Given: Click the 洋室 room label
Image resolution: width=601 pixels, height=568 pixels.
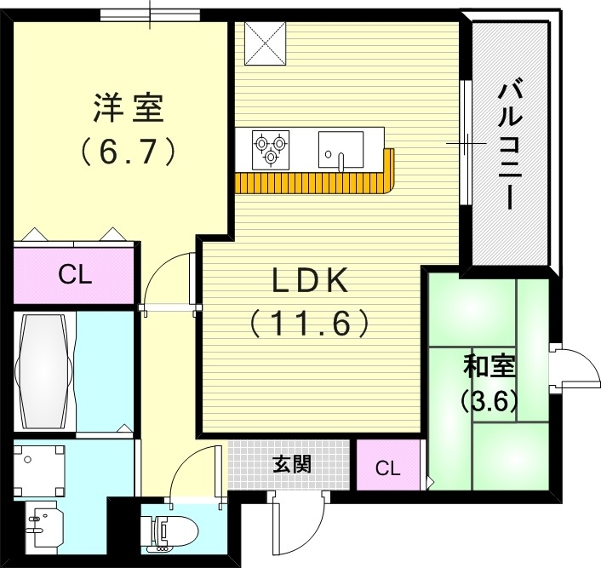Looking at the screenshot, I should point(128,110).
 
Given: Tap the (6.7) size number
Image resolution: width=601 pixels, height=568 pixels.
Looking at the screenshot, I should point(129,152).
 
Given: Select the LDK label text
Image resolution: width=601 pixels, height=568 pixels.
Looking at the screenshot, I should point(311,280).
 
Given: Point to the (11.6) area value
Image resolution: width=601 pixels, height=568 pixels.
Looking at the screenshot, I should point(311,324).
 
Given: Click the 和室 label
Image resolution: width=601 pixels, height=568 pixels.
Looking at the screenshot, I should point(489,367).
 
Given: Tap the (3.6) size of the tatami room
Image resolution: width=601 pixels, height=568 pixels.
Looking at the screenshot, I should point(489,400).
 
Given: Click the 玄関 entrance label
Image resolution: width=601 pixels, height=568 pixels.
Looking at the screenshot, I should point(291,465).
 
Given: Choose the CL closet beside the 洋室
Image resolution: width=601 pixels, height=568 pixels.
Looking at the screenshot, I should point(74,275).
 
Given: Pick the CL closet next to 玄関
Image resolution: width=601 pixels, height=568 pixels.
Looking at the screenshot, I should point(387,468).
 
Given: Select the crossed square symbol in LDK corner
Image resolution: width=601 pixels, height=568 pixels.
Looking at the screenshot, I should point(266,43).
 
